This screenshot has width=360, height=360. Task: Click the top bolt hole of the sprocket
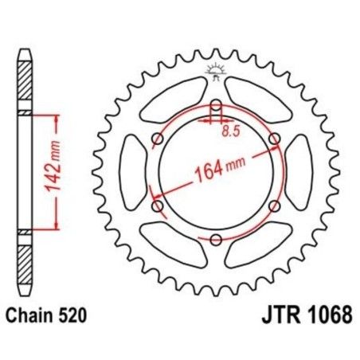coord(216,106)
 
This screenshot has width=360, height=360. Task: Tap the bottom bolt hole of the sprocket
coord(216,239)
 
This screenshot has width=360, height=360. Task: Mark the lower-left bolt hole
coord(158,206)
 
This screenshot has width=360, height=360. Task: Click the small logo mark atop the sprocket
coord(216,71)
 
